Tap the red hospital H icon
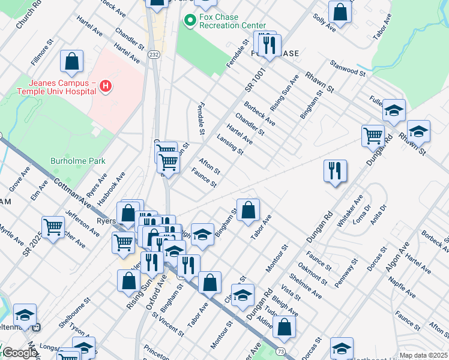tap(106, 86)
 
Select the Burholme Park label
tap(78, 161)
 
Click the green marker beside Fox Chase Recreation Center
tap(190, 21)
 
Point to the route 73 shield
tap(280, 350)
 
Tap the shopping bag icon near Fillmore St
tap(71, 61)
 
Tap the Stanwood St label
tap(348, 68)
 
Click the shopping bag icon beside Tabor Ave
tap(248, 211)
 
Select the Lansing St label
tap(231, 144)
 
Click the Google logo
tap(19, 353)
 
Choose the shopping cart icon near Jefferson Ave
tap(53, 227)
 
